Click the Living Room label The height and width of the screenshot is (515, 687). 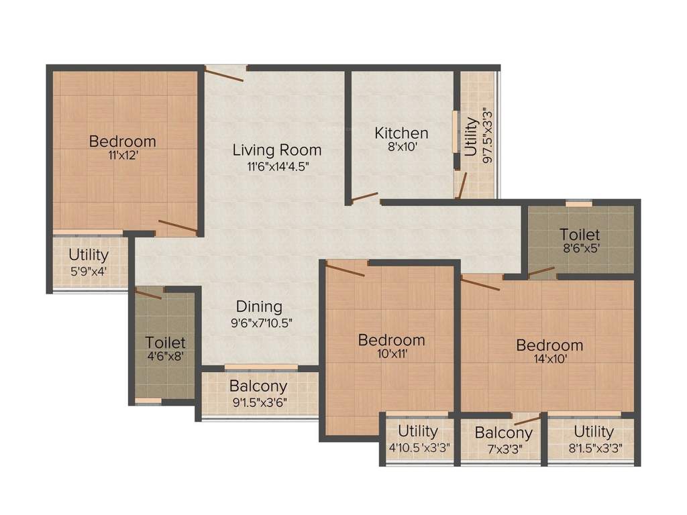click(277, 150)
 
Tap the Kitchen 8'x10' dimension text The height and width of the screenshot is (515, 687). click(402, 147)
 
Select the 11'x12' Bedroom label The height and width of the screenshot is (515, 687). click(122, 141)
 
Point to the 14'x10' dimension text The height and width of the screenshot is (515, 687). click(549, 359)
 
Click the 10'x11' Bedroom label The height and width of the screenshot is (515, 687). click(391, 340)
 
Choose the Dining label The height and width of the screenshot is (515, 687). click(259, 307)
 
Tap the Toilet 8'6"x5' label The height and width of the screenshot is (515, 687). click(580, 235)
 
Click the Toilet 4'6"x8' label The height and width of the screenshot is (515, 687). click(165, 343)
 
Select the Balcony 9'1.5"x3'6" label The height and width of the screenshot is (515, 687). click(258, 386)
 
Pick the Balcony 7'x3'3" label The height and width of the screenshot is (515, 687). click(503, 433)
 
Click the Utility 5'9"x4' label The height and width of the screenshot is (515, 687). click(89, 255)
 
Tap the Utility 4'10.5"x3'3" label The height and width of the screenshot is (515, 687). click(417, 431)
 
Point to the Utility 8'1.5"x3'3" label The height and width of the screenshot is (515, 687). click(593, 431)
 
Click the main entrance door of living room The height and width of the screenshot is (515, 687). click(225, 73)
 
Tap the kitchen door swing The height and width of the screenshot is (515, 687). click(364, 197)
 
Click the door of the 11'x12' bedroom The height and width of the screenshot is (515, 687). click(177, 227)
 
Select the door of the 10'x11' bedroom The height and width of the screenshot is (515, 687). click(346, 270)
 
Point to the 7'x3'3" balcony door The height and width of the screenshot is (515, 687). click(527, 420)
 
